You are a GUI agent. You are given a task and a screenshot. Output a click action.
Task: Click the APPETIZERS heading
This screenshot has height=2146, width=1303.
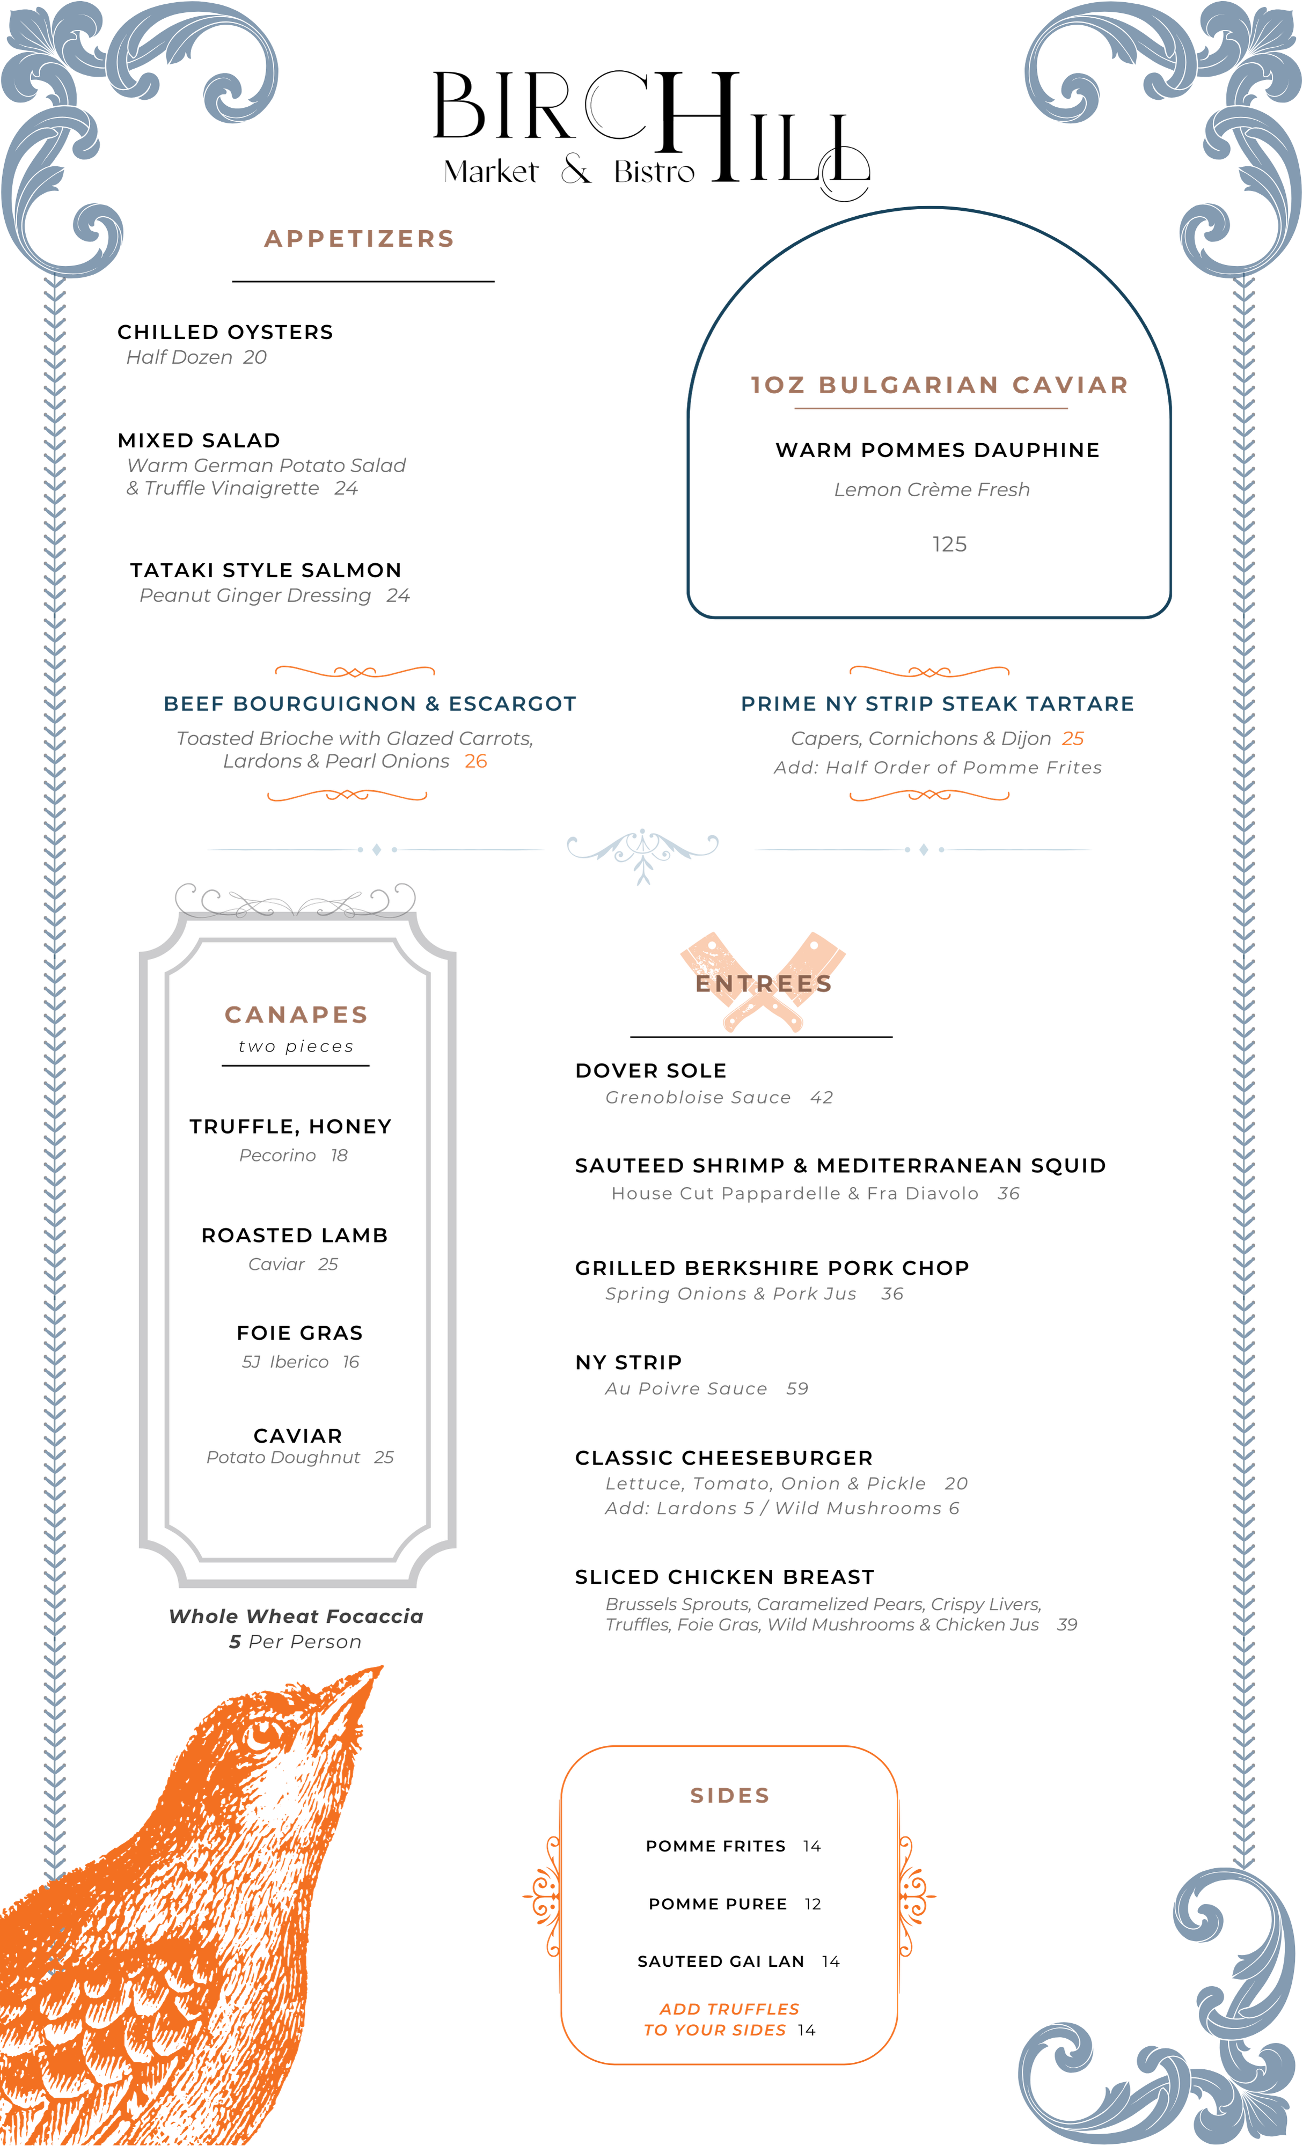359,239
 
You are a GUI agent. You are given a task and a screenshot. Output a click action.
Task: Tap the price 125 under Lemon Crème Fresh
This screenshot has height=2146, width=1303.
948,545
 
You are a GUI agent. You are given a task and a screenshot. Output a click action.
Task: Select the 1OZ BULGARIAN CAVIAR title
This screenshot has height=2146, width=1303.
939,385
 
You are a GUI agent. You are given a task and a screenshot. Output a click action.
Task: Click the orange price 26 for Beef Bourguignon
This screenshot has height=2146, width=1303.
475,761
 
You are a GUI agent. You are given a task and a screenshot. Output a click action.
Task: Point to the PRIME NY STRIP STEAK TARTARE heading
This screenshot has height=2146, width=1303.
937,704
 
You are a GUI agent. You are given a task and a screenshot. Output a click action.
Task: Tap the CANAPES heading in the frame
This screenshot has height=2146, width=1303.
296,1015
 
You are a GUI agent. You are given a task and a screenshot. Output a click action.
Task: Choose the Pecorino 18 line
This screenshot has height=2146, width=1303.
294,1156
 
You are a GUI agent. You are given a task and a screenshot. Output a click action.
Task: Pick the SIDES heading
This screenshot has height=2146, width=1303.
729,1796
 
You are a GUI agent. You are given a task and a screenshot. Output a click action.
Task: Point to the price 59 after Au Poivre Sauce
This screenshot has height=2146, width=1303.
797,1389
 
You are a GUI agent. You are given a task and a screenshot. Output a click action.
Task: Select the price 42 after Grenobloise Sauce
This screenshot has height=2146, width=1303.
821,1097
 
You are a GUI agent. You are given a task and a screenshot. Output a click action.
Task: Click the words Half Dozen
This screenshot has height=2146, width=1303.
179,358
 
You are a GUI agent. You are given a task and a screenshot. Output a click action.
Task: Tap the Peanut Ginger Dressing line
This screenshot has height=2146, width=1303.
274,596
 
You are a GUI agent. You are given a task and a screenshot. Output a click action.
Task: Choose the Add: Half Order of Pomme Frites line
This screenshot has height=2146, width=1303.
937,767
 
